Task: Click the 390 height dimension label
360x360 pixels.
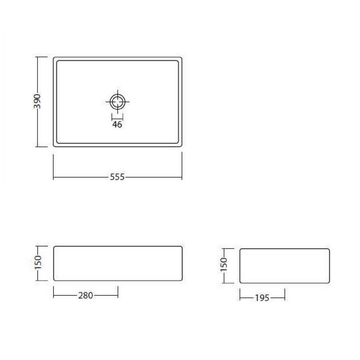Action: (37, 101)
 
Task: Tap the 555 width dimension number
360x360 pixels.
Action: (117, 177)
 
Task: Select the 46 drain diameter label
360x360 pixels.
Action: (117, 124)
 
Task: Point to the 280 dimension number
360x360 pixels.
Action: (86, 295)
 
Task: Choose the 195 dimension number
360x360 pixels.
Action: (262, 298)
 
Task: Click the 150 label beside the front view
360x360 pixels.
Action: (38, 262)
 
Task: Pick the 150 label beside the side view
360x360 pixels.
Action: (223, 264)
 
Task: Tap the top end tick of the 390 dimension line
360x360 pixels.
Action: (42, 57)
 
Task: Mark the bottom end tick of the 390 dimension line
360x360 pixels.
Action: (42, 147)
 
